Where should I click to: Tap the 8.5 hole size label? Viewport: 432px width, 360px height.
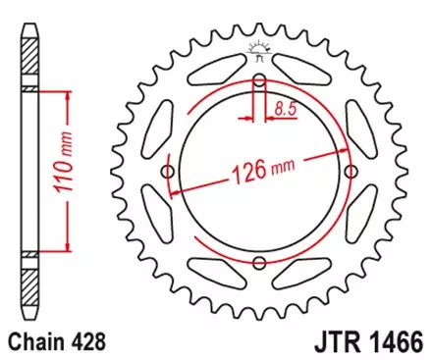point(288,110)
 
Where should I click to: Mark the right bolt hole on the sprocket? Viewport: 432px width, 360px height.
point(348,173)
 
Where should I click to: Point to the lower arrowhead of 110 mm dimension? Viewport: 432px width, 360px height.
point(67,247)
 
